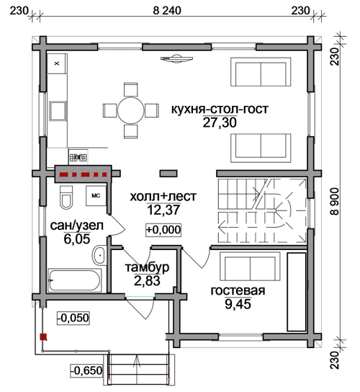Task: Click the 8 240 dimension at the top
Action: click(x=167, y=11)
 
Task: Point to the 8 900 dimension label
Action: click(x=335, y=202)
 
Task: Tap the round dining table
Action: click(x=130, y=110)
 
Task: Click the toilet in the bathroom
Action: click(x=66, y=197)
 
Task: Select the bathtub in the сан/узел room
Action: click(x=74, y=280)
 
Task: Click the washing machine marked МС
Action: click(x=96, y=196)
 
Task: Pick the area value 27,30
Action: click(x=220, y=122)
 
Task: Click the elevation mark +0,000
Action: click(x=163, y=230)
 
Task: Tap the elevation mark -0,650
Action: click(x=86, y=370)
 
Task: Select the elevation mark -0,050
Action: click(x=73, y=318)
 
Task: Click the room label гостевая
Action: click(x=238, y=290)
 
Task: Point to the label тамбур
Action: click(x=147, y=267)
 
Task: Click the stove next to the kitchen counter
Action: click(x=78, y=157)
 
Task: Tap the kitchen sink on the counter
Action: click(x=58, y=111)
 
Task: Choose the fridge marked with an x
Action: click(x=57, y=63)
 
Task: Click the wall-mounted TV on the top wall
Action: click(x=176, y=58)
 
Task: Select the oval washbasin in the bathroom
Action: click(x=99, y=255)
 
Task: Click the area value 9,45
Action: click(x=238, y=304)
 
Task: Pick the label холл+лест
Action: click(x=163, y=197)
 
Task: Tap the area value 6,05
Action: click(x=77, y=239)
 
